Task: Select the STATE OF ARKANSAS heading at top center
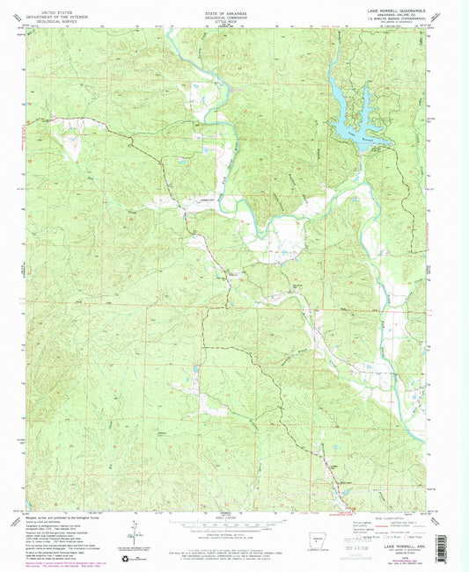tap(227, 6)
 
